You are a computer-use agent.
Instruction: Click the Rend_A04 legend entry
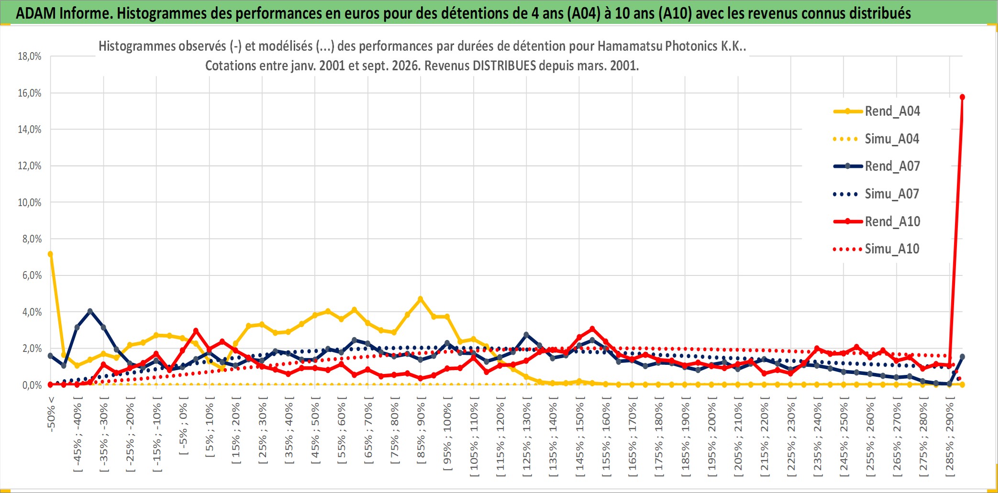(876, 111)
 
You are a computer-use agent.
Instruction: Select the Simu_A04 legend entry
(876, 139)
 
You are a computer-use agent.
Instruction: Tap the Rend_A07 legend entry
(876, 166)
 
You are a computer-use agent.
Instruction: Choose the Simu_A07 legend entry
(876, 194)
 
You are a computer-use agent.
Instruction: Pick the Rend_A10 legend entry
(876, 221)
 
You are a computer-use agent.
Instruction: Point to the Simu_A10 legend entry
(876, 249)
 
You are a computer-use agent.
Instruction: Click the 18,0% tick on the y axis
(30, 56)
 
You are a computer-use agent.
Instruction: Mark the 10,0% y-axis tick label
(30, 202)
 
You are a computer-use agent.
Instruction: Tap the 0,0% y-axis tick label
(32, 385)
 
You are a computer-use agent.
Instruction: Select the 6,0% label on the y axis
(32, 275)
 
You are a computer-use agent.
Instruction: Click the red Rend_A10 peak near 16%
(962, 97)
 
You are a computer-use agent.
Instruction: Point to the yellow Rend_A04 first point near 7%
(50, 254)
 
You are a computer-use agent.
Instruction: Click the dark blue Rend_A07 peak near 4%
(90, 311)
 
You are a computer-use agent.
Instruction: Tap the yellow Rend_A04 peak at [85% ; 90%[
(421, 299)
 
